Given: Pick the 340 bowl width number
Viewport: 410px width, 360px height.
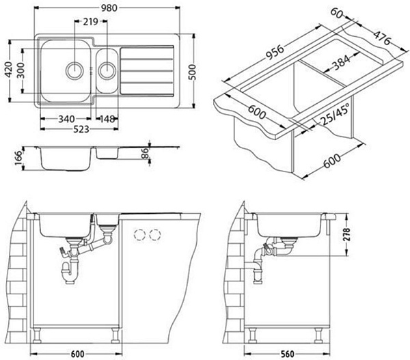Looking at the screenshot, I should click(66, 119).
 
